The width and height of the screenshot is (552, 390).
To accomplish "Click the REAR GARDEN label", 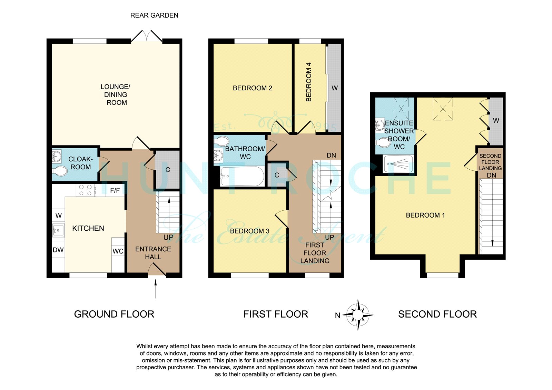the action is point(154,15).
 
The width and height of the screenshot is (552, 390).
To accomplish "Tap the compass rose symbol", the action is point(358,314).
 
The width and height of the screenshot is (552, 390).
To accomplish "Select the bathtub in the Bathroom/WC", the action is point(242,176).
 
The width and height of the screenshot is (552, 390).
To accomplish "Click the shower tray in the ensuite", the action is point(398,164).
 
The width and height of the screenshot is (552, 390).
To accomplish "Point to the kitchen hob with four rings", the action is point(86,190).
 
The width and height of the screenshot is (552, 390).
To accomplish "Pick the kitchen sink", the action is point(58,231).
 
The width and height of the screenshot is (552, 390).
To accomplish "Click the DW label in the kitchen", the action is point(58,250).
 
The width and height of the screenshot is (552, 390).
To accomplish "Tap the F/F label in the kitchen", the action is point(115,190).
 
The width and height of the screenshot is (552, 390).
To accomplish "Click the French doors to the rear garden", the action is point(147,36).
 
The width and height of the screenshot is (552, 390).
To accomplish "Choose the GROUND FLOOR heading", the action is point(114,314).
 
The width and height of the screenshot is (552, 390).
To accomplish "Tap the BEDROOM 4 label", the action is point(308,82).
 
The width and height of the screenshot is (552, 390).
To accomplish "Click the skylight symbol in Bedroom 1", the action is point(443,109).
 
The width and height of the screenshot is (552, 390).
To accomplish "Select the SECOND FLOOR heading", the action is point(437,314).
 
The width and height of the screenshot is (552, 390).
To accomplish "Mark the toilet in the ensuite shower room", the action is point(383,142).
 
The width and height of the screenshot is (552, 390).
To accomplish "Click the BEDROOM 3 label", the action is point(250,231).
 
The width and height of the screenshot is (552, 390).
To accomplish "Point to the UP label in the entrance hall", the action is point(168,237).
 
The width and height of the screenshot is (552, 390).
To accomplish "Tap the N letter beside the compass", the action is point(338,316).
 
